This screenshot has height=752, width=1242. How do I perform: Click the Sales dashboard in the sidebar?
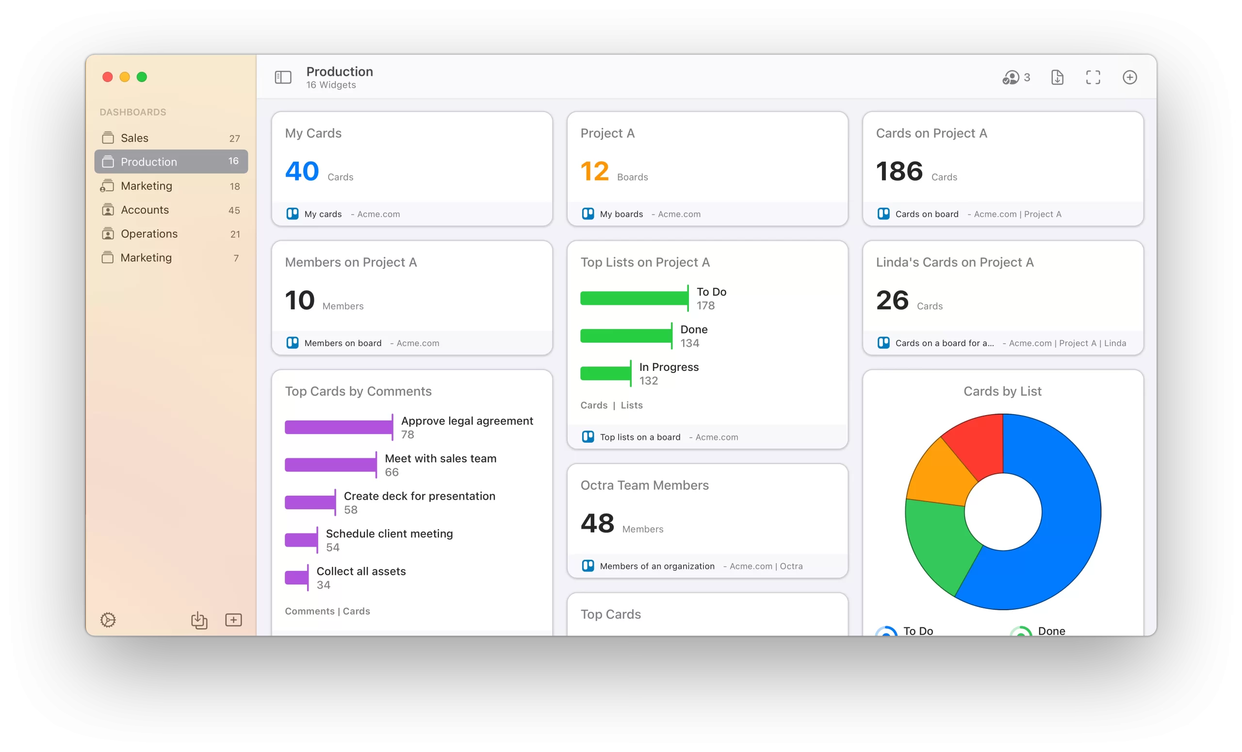(x=134, y=138)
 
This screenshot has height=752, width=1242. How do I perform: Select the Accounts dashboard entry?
(x=145, y=210)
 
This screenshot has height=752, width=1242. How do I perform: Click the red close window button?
(x=107, y=77)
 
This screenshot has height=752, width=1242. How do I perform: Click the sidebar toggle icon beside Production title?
(x=283, y=77)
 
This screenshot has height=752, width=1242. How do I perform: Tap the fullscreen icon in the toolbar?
(x=1093, y=77)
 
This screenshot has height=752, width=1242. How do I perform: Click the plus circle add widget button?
(x=1129, y=77)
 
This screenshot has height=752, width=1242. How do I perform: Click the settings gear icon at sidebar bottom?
(x=108, y=620)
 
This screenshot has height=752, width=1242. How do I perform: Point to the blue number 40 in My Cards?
(x=302, y=171)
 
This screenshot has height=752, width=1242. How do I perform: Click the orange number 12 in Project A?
(x=595, y=171)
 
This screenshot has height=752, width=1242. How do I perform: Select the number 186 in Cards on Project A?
(x=899, y=171)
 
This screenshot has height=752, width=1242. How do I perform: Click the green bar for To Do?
(x=633, y=298)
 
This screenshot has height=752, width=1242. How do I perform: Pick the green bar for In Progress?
(x=605, y=374)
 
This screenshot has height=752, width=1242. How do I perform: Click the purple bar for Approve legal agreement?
(x=338, y=427)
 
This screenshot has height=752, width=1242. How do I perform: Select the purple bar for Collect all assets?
(x=296, y=578)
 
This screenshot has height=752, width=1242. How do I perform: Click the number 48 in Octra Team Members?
(x=597, y=523)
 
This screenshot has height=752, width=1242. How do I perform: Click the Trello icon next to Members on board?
(x=293, y=343)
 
